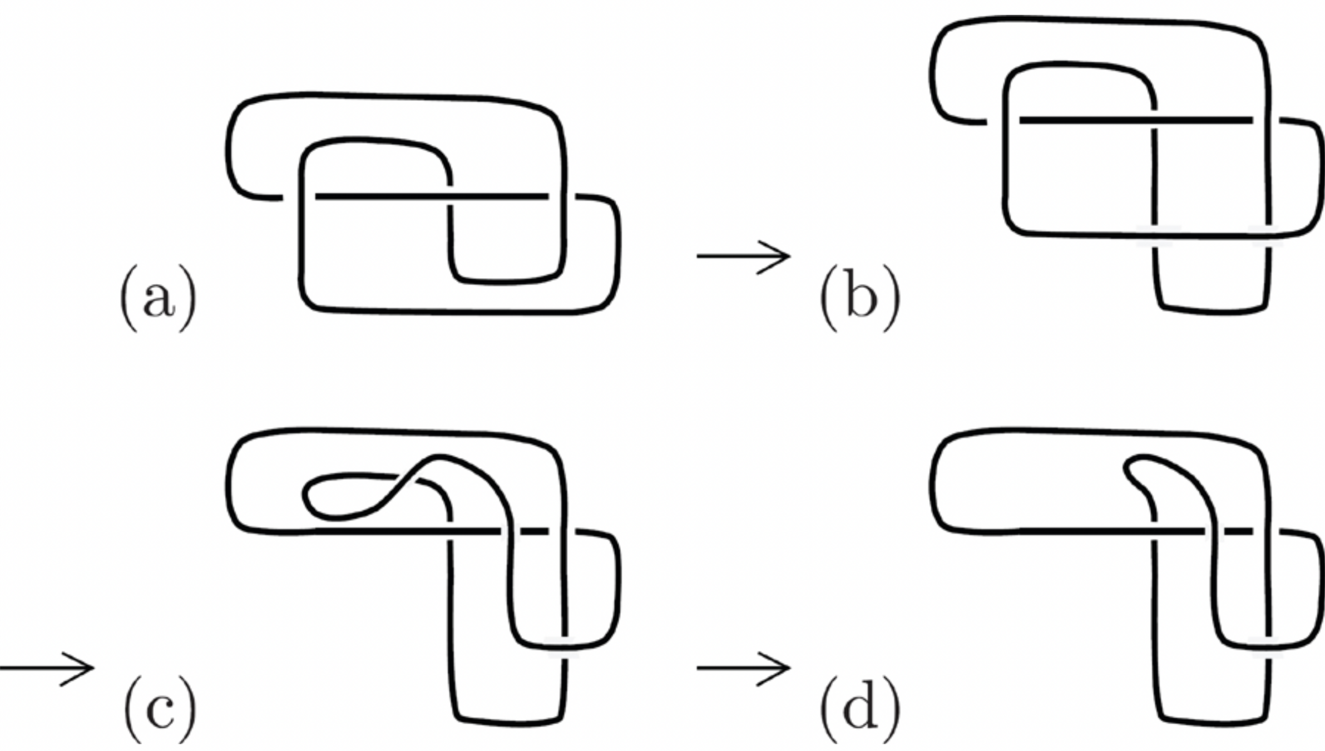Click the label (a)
(x=159, y=299)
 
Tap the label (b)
(x=860, y=299)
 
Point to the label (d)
(x=860, y=710)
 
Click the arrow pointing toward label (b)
(x=743, y=256)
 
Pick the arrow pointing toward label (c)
(x=47, y=668)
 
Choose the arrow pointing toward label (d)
(x=743, y=668)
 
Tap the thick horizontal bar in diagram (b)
(x=1085, y=120)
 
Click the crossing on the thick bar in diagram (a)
(x=449, y=196)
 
